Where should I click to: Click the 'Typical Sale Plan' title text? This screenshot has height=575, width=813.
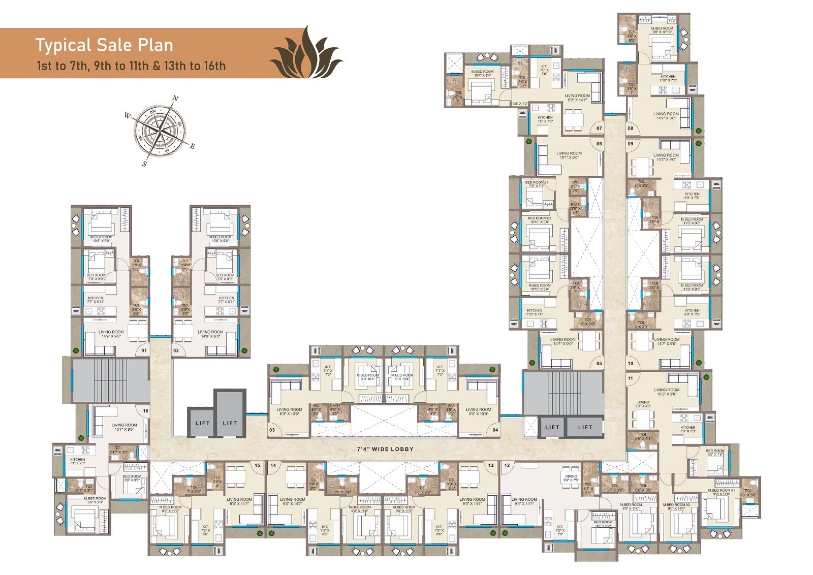click(104, 45)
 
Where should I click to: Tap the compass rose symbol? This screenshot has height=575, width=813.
click(160, 130)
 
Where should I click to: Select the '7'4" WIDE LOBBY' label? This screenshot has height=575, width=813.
click(384, 449)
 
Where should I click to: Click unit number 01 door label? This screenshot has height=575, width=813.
click(144, 350)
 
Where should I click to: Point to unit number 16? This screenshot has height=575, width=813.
click(145, 411)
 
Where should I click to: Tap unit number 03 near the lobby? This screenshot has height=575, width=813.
click(272, 430)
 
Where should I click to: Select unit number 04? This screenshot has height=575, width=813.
click(495, 430)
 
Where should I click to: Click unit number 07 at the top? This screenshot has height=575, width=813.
click(599, 129)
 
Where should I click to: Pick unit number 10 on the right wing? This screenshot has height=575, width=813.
click(631, 363)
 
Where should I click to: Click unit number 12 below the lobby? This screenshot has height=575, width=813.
click(507, 465)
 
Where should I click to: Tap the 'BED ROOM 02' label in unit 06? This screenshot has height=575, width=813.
click(539, 219)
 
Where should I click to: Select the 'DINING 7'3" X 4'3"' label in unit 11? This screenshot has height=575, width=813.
click(643, 404)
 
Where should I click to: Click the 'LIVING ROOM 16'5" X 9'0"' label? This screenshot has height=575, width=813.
click(667, 392)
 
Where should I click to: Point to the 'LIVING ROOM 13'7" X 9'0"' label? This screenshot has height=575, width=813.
click(124, 427)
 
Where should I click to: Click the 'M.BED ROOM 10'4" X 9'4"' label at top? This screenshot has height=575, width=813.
click(482, 74)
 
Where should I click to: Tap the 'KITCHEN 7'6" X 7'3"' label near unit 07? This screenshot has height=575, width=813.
click(545, 119)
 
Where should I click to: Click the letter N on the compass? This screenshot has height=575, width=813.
click(176, 99)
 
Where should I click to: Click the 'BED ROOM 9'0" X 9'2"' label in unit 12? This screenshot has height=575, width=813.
click(603, 524)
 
